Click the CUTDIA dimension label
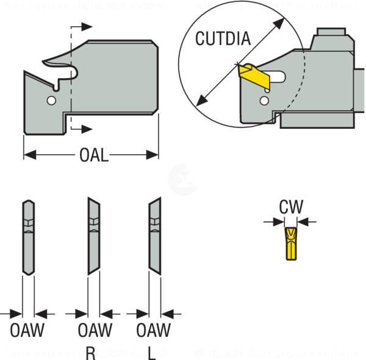tap(223, 39)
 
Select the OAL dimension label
tap(94, 156)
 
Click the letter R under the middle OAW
tap(90, 352)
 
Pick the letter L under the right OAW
tap(151, 352)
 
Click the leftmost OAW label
tap(28, 331)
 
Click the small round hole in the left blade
tap(52, 99)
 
